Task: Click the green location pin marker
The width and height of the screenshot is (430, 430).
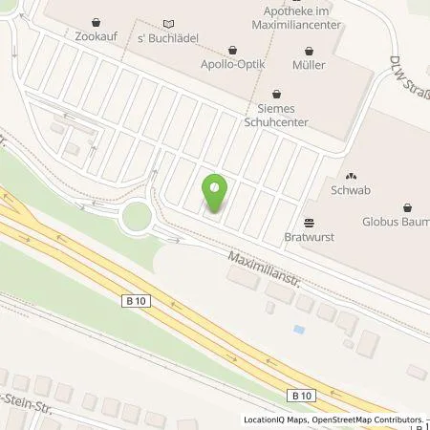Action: point(216,191)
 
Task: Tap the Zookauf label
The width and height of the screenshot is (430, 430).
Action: point(95,36)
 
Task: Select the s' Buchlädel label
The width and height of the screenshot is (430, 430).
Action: point(169,36)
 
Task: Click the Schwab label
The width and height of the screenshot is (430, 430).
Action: point(350,191)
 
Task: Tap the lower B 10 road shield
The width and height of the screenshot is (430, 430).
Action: point(302,394)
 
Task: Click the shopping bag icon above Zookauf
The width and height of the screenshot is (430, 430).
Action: point(95,22)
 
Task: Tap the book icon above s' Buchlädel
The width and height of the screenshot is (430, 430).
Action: point(169,22)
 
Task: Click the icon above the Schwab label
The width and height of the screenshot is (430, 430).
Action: point(350,177)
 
